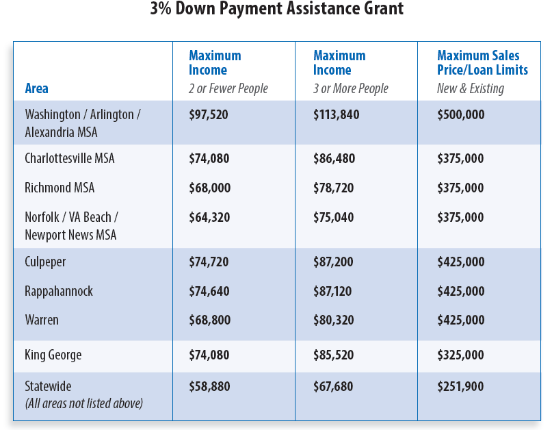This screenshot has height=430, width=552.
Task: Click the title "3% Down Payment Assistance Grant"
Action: (x=276, y=10)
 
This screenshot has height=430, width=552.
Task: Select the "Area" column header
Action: (x=36, y=88)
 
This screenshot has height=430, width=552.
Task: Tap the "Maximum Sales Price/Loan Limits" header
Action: (x=482, y=63)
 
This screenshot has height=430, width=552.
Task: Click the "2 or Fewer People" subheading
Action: (x=228, y=88)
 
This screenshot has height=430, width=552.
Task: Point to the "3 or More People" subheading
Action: (x=350, y=88)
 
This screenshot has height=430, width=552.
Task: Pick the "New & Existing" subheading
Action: (x=470, y=88)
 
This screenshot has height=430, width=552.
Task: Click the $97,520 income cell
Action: (x=209, y=114)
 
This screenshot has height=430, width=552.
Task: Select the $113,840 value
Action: (x=336, y=114)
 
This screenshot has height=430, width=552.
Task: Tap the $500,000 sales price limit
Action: (x=460, y=114)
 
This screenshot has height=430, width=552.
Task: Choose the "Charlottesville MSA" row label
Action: (x=70, y=158)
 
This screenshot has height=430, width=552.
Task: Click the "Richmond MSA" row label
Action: (x=60, y=188)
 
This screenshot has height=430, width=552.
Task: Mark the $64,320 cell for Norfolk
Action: (x=209, y=217)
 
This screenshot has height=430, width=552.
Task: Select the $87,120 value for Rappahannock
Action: (x=332, y=291)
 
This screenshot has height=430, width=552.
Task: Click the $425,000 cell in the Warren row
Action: (x=460, y=320)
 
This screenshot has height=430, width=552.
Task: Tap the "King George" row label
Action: (x=53, y=355)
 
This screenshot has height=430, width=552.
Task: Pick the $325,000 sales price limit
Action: (x=460, y=355)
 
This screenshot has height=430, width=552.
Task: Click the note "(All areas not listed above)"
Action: (x=83, y=403)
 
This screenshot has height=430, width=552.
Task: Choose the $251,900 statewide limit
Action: (x=460, y=387)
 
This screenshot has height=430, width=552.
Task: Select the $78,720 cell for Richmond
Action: (x=333, y=188)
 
